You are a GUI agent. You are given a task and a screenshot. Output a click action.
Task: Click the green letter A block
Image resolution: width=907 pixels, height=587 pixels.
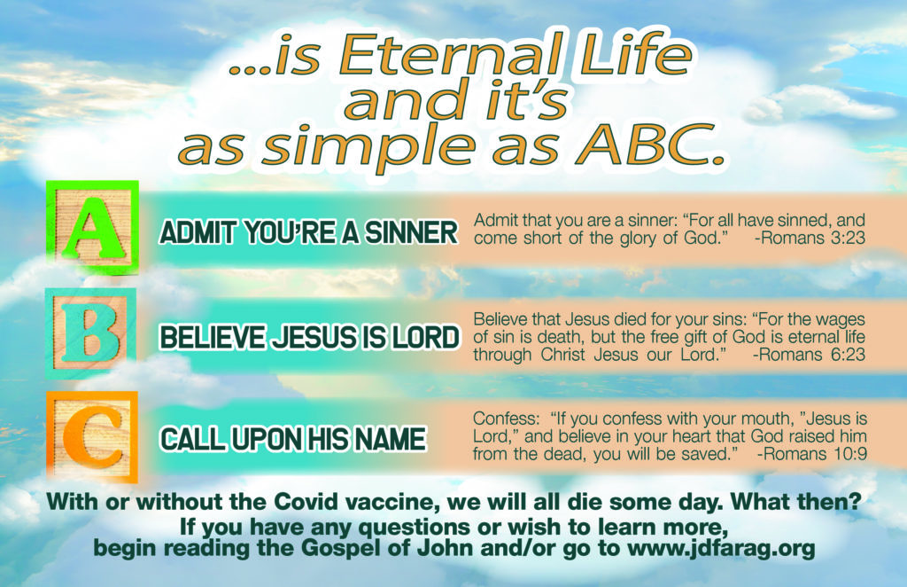pyautogui.click(x=92, y=227)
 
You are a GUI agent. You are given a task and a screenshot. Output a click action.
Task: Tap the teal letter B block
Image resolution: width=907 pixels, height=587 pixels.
pyautogui.click(x=91, y=333)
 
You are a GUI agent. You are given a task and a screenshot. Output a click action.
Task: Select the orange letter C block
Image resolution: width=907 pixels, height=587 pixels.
pyautogui.click(x=92, y=437)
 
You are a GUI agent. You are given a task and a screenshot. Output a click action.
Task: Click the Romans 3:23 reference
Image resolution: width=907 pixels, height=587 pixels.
pyautogui.click(x=810, y=238)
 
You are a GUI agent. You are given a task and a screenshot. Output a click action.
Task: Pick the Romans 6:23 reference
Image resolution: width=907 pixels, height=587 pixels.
pyautogui.click(x=810, y=355)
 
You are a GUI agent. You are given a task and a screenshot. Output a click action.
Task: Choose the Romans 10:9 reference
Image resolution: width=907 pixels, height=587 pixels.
pyautogui.click(x=812, y=453)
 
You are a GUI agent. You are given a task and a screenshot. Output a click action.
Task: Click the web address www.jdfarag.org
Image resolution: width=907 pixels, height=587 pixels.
pyautogui.click(x=721, y=548)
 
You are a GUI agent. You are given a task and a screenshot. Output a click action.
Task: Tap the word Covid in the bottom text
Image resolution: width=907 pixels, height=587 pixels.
pyautogui.click(x=306, y=501)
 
